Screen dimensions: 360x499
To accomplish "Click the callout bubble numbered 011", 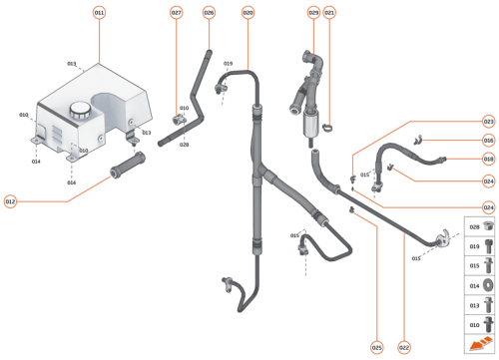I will click(x=99, y=12).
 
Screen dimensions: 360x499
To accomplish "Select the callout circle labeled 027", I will click(x=176, y=12).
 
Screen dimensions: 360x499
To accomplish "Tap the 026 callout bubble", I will click(x=209, y=12).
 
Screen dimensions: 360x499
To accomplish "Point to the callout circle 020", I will click(x=248, y=12).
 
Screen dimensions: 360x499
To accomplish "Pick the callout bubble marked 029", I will click(x=312, y=12).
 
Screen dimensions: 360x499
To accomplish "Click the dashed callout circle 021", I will click(x=329, y=12).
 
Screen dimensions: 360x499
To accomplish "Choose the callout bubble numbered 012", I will click(x=10, y=201).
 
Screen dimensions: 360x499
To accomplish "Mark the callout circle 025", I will click(x=376, y=347).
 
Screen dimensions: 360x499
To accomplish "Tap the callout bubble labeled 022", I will click(x=404, y=347).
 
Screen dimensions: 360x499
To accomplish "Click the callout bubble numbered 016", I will click(x=488, y=140).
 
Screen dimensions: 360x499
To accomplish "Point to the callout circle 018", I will click(x=488, y=159).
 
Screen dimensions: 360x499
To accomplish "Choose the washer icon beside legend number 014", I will click(x=487, y=285).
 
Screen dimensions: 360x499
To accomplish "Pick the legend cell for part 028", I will click(x=479, y=226).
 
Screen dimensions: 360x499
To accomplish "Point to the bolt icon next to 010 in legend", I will click(x=487, y=324).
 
